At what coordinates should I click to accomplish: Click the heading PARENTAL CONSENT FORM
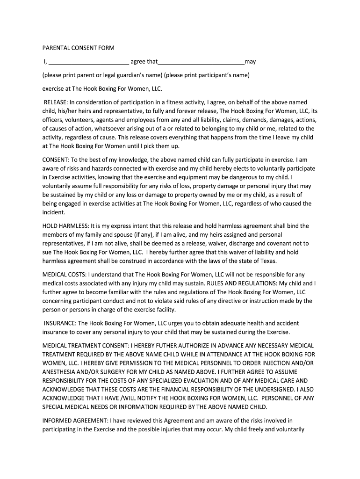click(78, 48)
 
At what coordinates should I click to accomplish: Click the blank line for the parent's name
click(89, 63)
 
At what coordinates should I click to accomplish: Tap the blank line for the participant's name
click(201, 63)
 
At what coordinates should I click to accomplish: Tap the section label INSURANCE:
click(60, 323)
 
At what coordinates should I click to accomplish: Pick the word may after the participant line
click(250, 62)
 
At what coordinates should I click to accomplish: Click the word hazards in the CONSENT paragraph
click(98, 168)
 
